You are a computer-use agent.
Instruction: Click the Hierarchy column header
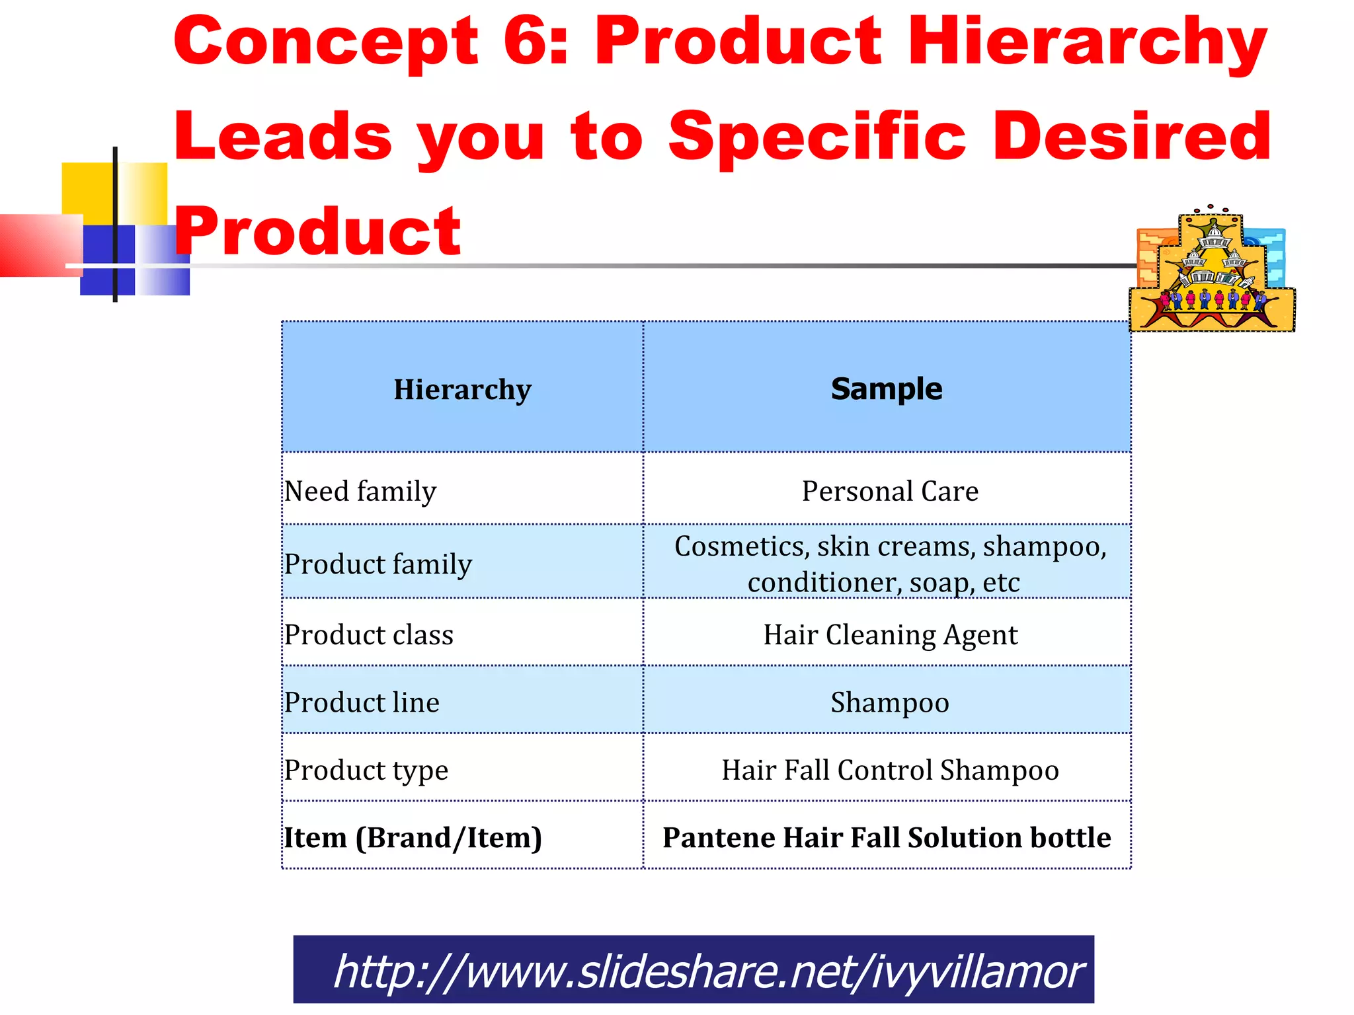[462, 389]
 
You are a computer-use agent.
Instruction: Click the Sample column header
[886, 389]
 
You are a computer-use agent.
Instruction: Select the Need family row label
[360, 491]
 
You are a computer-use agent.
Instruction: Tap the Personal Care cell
[889, 491]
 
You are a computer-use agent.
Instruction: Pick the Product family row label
[378, 564]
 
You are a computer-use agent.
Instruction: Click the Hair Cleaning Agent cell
[890, 634]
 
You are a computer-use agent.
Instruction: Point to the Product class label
[369, 634]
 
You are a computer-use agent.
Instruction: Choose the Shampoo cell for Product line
[889, 702]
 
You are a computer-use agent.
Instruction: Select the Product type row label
[366, 770]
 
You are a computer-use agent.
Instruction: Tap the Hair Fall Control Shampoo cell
[890, 770]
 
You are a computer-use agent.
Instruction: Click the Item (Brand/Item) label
[413, 837]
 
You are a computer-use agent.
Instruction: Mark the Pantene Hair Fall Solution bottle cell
[887, 837]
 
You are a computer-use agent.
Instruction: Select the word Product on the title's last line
[317, 231]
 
